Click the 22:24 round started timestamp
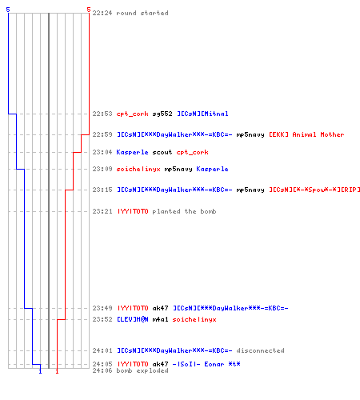tap(102, 13)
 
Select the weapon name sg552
tap(162, 114)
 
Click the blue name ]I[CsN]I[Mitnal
tap(202, 114)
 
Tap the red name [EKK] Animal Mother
tap(306, 134)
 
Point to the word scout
tap(162, 152)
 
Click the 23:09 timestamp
tap(102, 169)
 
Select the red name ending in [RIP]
tap(314, 190)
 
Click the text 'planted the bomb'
tap(184, 211)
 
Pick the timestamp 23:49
tap(102, 308)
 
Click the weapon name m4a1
tap(160, 319)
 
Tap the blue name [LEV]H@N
tap(133, 319)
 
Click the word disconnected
tap(260, 350)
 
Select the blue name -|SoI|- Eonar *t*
tap(206, 364)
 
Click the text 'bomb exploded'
tap(142, 370)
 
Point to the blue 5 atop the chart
tap(8, 10)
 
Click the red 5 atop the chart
tap(89, 10)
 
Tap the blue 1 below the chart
tap(40, 371)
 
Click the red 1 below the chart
tap(57, 371)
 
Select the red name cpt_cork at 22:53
tap(132, 114)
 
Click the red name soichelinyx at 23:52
tap(194, 319)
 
